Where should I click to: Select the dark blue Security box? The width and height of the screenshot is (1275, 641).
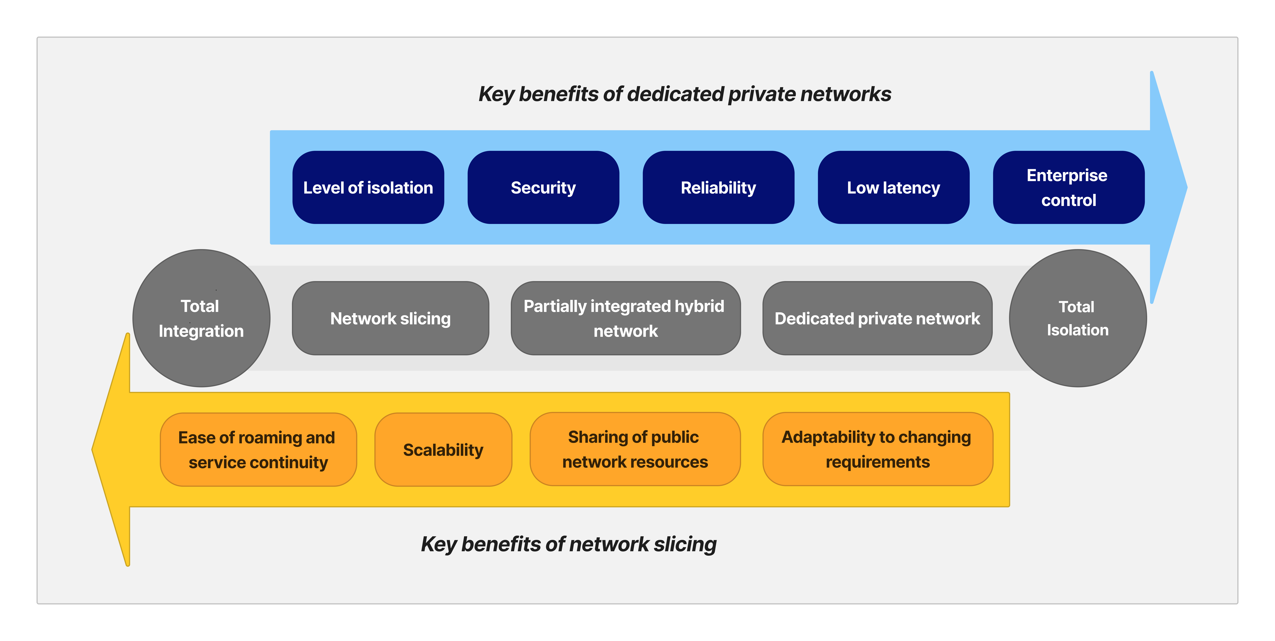point(543,187)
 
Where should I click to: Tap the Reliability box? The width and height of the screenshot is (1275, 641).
point(718,187)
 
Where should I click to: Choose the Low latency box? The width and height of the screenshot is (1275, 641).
point(893,187)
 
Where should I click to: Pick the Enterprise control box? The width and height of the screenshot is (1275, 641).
point(1068,187)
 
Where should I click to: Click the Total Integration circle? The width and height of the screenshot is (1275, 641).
point(201,318)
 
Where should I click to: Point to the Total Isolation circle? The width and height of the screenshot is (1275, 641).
point(1078,318)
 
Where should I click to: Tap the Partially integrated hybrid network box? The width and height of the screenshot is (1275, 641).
point(625,318)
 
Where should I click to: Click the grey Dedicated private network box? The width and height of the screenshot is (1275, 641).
point(877,318)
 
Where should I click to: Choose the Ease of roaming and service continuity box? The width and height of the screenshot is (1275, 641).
point(258,449)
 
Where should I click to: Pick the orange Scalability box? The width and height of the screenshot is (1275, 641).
point(443,449)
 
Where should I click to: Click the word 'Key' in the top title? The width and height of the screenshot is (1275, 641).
point(496,94)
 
